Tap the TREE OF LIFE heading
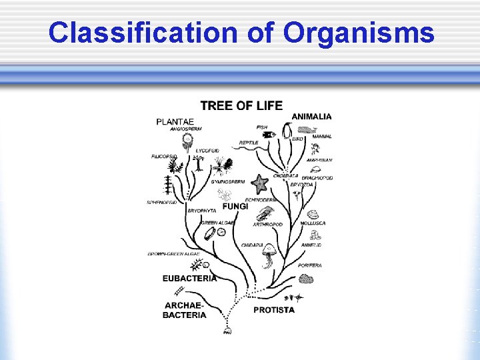241,105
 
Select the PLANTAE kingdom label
175,121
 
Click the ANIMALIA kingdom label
311,116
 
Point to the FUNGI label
235,207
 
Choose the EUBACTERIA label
189,278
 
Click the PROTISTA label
273,310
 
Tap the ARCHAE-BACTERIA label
185,310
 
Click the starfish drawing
259,183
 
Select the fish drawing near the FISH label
268,135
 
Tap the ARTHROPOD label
267,225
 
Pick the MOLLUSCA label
313,223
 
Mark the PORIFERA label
310,265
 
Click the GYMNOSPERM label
228,181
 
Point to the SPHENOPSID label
162,203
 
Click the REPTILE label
249,143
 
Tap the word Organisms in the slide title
359,33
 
